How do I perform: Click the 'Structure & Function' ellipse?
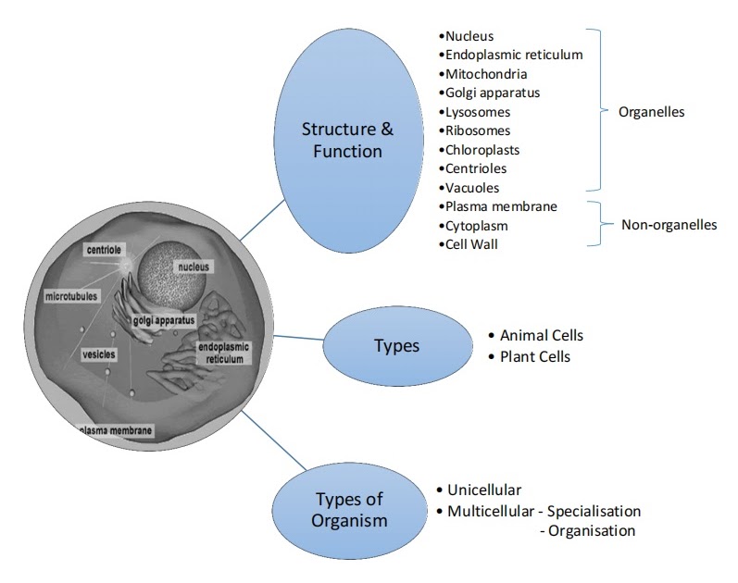click(x=342, y=139)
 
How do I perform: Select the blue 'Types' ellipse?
click(x=396, y=346)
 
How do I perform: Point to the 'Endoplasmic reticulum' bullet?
click(x=513, y=55)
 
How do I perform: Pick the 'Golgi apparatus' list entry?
click(x=492, y=93)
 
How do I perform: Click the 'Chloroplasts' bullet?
click(x=482, y=149)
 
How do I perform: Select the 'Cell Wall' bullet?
click(x=473, y=244)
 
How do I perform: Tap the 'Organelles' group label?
click(x=651, y=111)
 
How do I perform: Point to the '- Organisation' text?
click(x=587, y=530)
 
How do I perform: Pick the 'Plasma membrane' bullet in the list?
click(x=500, y=206)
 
